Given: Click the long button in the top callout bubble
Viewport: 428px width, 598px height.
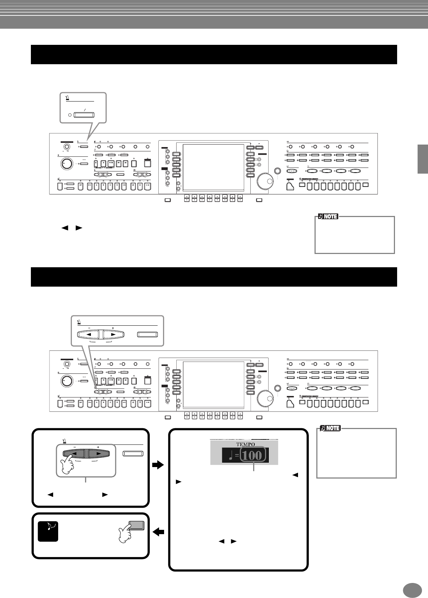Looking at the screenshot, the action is (84, 115).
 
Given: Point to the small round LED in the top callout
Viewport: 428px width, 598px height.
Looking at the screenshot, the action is (70, 116).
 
